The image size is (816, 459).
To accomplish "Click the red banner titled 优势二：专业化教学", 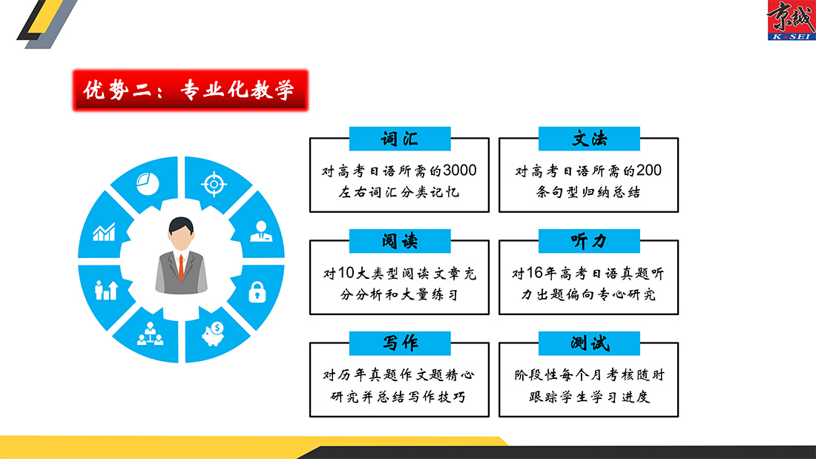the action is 191,90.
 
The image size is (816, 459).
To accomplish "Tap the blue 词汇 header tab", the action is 400,139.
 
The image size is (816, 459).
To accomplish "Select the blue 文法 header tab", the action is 589,139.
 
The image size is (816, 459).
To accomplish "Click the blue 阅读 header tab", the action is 400,241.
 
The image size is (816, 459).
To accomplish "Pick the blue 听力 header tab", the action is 589,241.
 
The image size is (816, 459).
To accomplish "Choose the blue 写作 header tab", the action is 400,343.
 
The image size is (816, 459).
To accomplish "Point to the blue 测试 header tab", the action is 589,343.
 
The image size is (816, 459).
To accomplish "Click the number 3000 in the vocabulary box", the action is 459,171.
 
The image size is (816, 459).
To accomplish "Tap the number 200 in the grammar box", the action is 649,171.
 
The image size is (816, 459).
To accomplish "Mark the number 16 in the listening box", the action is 534,273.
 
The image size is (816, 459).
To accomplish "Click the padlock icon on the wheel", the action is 257,292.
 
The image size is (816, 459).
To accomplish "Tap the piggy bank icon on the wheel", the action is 214,334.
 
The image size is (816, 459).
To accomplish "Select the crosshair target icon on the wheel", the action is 214,184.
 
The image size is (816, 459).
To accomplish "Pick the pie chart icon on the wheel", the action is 148,184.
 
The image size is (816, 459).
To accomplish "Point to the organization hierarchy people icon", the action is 151,334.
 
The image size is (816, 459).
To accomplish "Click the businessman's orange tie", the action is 181,268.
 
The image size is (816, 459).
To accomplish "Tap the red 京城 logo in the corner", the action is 791,20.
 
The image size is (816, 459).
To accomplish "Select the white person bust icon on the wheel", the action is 261,231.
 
